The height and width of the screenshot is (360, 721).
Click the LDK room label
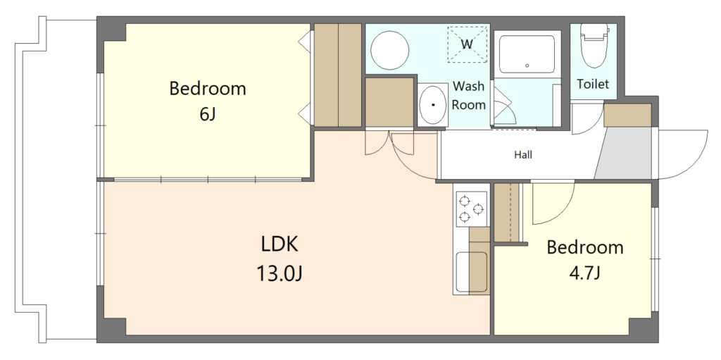coord(280,245)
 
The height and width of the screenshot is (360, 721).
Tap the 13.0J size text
coord(280,274)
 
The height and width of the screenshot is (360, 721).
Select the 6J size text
coord(208,113)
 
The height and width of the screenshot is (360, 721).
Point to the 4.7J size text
coord(585,274)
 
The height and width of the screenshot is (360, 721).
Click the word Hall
coord(523,155)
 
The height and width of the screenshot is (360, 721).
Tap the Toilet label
coord(593,85)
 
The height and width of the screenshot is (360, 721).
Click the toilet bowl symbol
coord(594,45)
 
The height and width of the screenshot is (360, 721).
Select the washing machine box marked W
coord(468,44)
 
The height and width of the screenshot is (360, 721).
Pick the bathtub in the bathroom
coord(527,54)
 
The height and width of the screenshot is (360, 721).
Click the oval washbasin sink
coord(433,104)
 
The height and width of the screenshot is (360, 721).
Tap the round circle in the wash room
coord(390,50)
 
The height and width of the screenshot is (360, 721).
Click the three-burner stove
coord(472,209)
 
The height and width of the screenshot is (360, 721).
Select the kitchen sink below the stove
coord(471,272)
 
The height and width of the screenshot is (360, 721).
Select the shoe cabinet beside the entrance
coord(627,115)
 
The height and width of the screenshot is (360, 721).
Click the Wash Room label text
coord(468,95)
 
